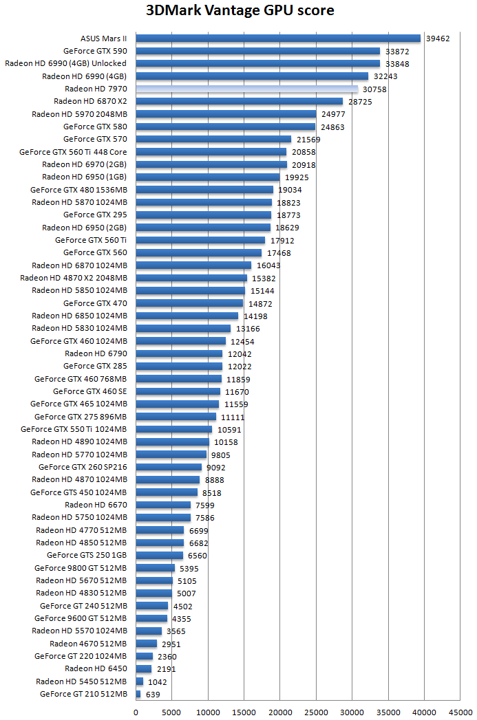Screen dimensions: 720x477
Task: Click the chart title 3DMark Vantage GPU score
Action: [240, 10]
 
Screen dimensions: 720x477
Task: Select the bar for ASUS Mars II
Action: [278, 39]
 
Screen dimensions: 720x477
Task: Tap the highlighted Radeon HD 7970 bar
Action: [247, 89]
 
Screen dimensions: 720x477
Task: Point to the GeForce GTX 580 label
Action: [95, 127]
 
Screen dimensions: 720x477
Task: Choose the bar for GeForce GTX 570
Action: [213, 140]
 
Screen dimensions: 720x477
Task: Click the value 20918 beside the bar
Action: [304, 165]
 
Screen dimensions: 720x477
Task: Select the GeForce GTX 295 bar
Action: [204, 215]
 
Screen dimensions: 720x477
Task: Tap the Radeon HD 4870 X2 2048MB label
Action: [74, 278]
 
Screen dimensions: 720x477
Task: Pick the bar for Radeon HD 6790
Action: [179, 353]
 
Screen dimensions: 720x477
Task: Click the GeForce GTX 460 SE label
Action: [90, 391]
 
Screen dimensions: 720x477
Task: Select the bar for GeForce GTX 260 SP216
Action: [169, 467]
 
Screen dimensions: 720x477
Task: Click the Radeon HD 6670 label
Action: [96, 505]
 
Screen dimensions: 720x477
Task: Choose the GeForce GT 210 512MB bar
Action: [138, 694]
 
